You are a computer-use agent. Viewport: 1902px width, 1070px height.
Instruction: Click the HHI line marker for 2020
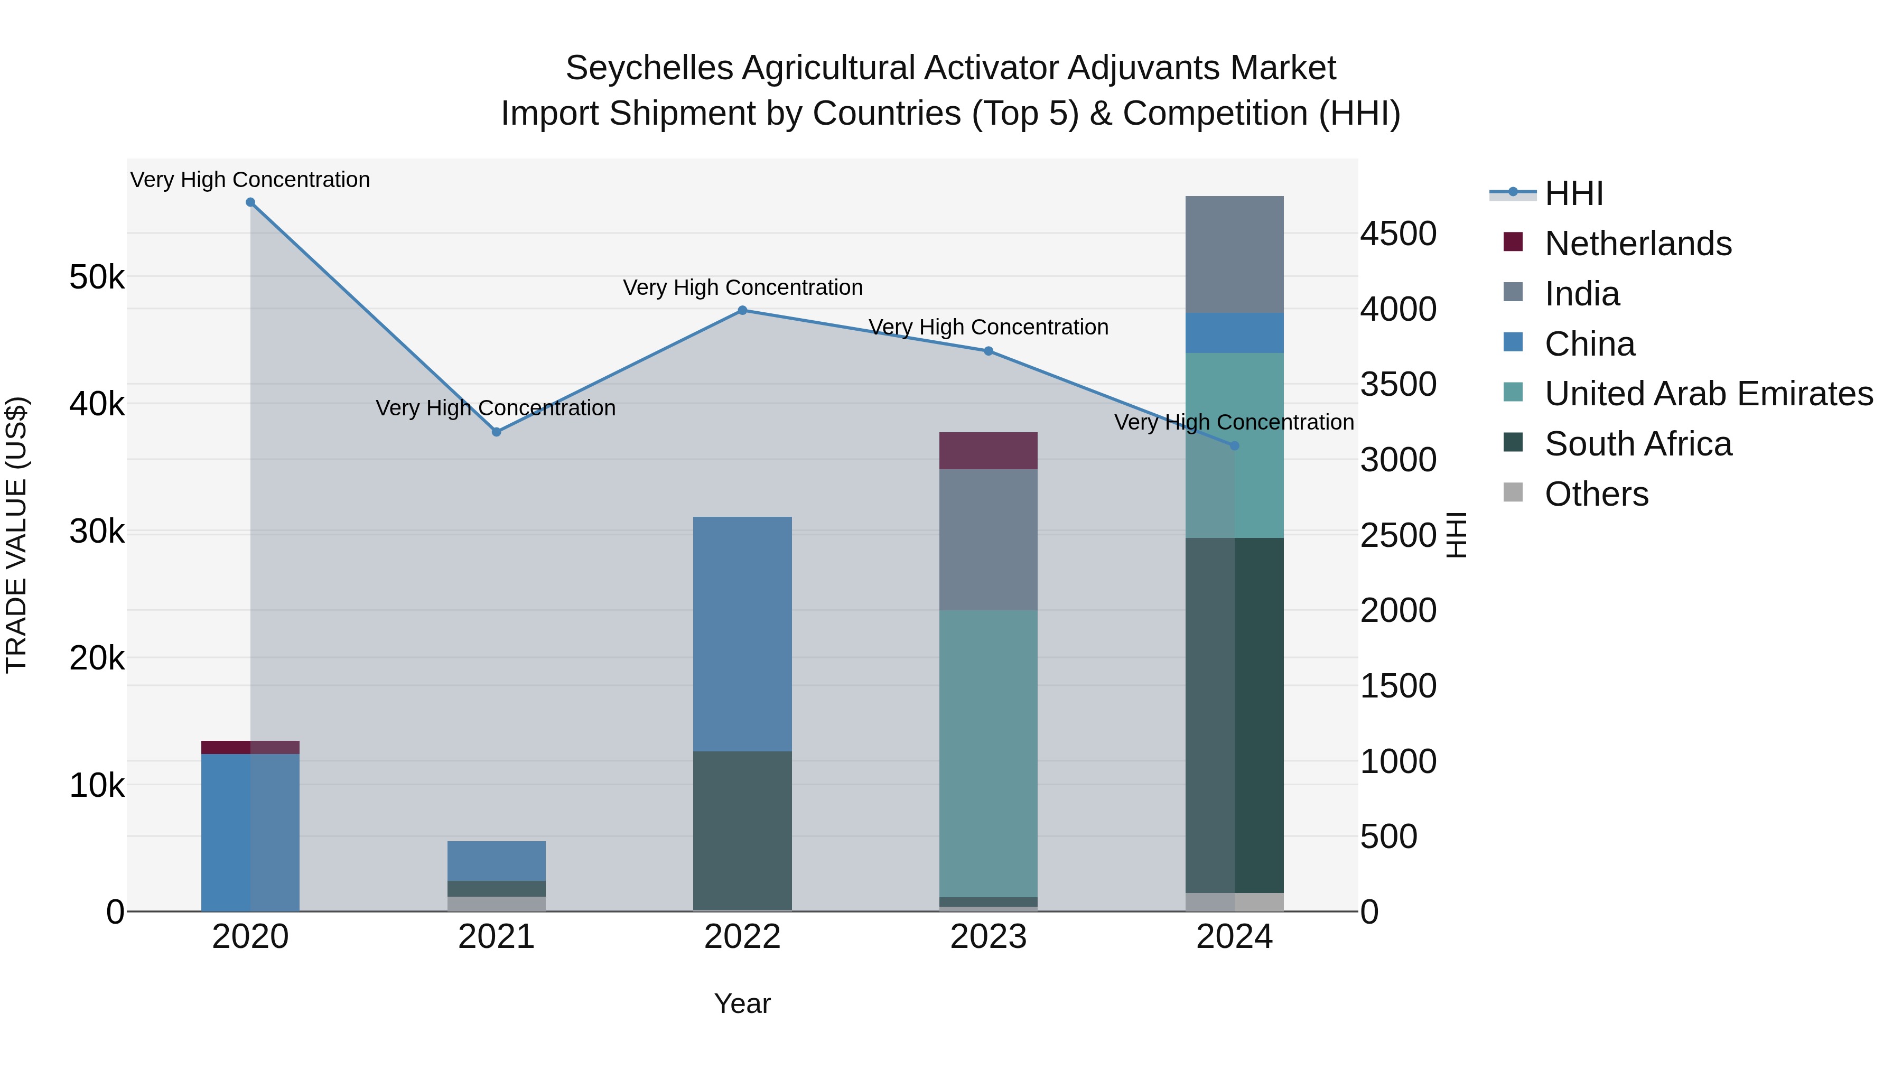click(x=250, y=202)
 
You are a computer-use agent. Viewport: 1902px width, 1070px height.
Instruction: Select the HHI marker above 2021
click(x=496, y=432)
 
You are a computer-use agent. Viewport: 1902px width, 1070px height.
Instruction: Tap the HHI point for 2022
click(x=743, y=310)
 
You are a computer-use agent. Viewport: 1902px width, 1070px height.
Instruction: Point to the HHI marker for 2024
click(x=1235, y=446)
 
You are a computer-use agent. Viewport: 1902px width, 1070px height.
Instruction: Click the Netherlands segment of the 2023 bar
click(x=988, y=450)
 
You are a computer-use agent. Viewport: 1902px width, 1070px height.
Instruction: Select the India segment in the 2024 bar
click(x=1235, y=254)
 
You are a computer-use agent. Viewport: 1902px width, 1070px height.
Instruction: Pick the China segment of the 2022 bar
click(x=743, y=634)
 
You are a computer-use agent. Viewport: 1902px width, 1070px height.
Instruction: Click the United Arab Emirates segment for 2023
click(x=988, y=753)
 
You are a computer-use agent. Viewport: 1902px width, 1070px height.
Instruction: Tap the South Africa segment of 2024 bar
click(x=1235, y=715)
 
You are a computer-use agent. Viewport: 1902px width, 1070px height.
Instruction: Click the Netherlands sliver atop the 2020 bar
click(x=250, y=747)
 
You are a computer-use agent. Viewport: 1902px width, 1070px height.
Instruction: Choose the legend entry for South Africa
click(x=1638, y=444)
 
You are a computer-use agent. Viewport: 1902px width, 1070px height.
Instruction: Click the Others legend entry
click(x=1596, y=495)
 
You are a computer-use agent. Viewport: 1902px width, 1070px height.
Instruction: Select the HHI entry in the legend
click(x=1573, y=193)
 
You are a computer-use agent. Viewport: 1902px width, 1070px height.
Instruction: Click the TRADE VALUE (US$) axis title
click(x=16, y=535)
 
